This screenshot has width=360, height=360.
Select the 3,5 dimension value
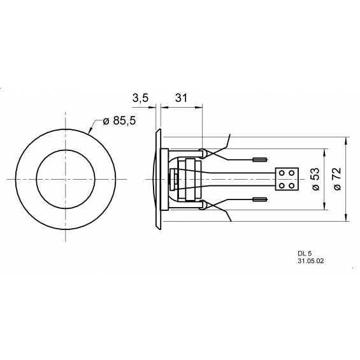[x=140, y=98]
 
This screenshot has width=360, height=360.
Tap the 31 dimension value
[x=182, y=98]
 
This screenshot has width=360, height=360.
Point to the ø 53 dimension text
[x=315, y=180]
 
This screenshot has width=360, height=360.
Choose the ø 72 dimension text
[x=338, y=180]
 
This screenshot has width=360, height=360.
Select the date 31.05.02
[x=311, y=261]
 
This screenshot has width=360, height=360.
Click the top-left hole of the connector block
[x=283, y=173]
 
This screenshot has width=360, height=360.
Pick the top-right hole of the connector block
[x=292, y=173]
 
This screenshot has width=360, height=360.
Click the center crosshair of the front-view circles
[x=64, y=179]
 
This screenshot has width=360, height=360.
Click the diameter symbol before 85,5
[x=98, y=122]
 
